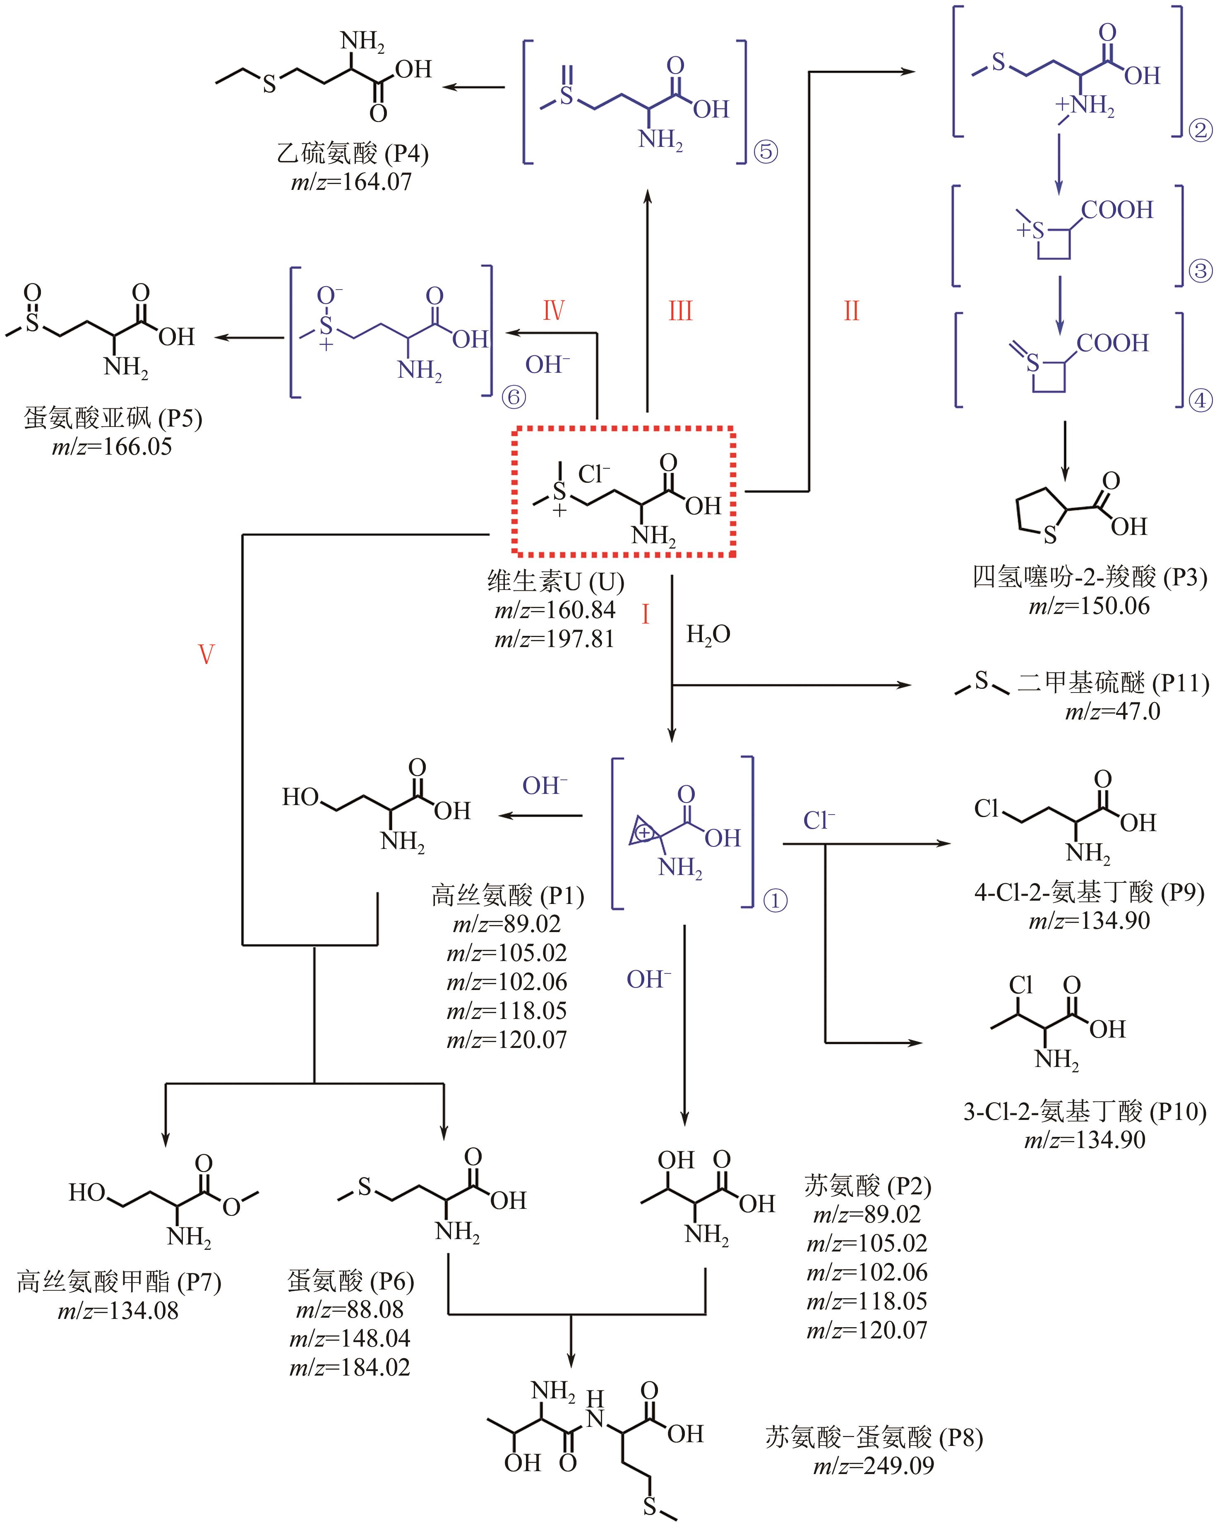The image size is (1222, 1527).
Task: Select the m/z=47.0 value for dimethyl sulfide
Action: point(1112,711)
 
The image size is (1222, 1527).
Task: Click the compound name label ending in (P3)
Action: point(1090,577)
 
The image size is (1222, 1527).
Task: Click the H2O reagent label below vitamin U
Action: point(708,635)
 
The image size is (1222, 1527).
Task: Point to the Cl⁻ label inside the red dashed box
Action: point(594,474)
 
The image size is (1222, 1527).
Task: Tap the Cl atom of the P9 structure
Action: point(986,808)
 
